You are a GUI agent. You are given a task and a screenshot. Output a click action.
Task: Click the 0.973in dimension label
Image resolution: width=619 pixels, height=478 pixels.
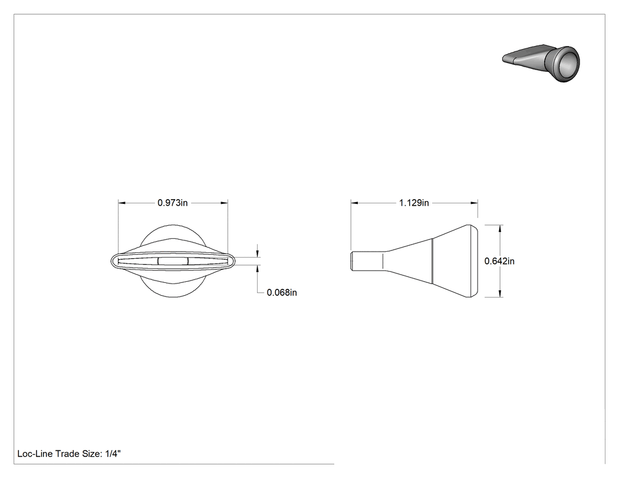point(173,203)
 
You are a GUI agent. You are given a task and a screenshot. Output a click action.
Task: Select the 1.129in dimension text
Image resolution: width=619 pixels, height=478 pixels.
point(414,203)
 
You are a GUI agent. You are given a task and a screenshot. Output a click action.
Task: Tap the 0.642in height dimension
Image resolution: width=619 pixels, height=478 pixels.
point(499,261)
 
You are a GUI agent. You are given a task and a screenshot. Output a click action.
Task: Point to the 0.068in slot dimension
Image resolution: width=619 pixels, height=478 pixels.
point(282,292)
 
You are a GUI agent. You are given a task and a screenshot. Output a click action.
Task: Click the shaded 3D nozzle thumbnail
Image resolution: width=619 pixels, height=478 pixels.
point(541,63)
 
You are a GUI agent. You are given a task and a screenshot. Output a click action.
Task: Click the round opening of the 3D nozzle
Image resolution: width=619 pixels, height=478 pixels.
point(568,64)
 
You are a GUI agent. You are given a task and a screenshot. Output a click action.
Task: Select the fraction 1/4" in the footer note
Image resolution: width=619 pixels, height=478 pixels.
point(113,453)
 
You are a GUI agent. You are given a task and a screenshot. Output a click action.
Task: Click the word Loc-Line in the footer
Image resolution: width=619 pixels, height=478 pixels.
point(35,454)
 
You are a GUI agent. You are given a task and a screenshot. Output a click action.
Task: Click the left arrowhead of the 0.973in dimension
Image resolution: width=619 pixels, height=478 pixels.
point(121,203)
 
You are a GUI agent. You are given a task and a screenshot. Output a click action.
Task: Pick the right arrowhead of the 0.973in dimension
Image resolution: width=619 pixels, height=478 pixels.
point(224,203)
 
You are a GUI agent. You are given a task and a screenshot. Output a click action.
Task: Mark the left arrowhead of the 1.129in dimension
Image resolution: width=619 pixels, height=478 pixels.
point(354,203)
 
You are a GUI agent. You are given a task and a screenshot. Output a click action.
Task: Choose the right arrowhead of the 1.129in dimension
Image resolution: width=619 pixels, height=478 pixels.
point(475,203)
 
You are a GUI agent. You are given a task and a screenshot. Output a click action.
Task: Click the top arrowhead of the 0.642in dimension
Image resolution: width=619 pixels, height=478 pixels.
point(500,228)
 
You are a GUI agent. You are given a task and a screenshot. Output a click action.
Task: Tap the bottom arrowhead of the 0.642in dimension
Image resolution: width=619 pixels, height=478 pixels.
point(500,294)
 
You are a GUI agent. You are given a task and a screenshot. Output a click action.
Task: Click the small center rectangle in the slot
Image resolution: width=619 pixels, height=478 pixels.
point(173,261)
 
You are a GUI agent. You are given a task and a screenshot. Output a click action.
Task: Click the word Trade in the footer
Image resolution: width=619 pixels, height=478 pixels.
point(67,454)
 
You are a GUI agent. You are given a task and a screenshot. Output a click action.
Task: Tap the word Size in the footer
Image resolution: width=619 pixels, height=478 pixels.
point(91,454)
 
